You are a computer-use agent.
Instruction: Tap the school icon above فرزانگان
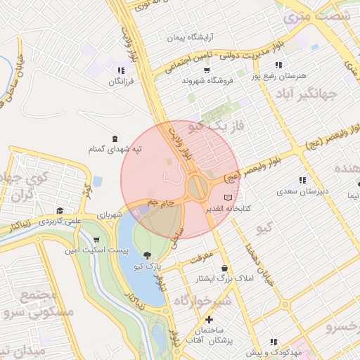point(122,70)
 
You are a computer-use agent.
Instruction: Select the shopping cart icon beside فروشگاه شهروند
point(206,70)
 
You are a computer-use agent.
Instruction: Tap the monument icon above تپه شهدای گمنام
point(115,138)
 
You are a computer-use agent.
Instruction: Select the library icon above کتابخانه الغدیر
point(226,198)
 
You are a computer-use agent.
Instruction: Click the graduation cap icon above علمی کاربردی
point(60,210)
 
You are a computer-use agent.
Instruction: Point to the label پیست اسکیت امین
point(86,250)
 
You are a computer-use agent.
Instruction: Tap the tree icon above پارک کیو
point(146,256)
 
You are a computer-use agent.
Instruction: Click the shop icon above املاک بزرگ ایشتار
point(224,269)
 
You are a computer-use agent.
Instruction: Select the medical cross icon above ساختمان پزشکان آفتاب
point(209,320)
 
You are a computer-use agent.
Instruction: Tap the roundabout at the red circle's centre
point(198,187)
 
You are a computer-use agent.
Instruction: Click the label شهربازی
point(110,214)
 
